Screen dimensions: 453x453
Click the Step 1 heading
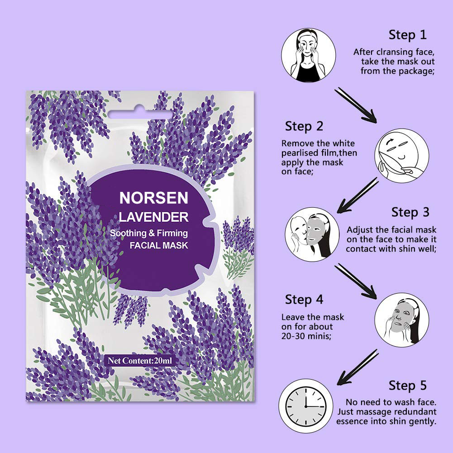pyautogui.click(x=407, y=35)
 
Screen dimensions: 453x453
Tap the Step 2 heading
pyautogui.click(x=304, y=127)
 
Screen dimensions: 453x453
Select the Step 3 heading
pyautogui.click(x=410, y=212)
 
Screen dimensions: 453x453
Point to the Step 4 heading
pyautogui.click(x=304, y=300)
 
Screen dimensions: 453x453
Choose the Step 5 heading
pyautogui.click(x=407, y=386)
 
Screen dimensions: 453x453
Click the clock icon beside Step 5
pyautogui.click(x=305, y=406)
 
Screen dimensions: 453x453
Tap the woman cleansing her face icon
pyautogui.click(x=309, y=55)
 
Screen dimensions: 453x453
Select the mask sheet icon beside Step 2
pyautogui.click(x=402, y=156)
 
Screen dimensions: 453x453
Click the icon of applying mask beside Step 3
pyautogui.click(x=312, y=234)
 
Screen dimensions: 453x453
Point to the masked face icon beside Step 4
pyautogui.click(x=402, y=320)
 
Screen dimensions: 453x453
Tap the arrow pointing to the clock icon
pyautogui.click(x=358, y=367)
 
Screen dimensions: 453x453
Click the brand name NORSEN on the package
pyautogui.click(x=154, y=198)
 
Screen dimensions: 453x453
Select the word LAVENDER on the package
pyautogui.click(x=154, y=217)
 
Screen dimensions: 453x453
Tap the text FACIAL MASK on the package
pyautogui.click(x=159, y=246)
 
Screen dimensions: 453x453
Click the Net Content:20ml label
pyautogui.click(x=140, y=361)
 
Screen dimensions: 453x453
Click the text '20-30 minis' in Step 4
pyautogui.click(x=306, y=336)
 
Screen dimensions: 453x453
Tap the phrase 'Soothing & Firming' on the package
pyautogui.click(x=149, y=233)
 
